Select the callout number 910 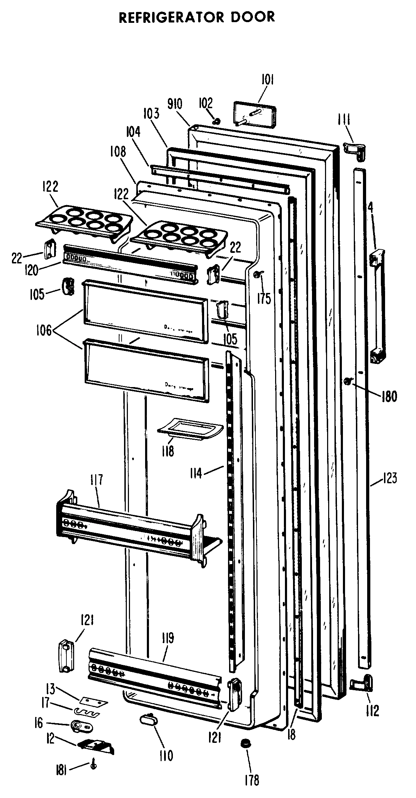coord(175,105)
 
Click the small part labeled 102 coord(217,121)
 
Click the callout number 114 coord(196,473)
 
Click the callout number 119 coord(168,639)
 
